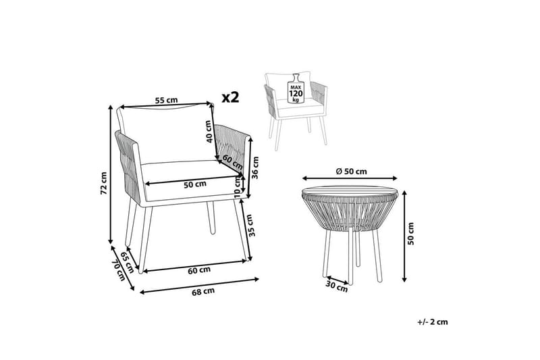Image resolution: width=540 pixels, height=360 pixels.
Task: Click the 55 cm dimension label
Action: pos(166,100)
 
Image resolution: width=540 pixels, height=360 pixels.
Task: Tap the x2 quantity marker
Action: pos(232,97)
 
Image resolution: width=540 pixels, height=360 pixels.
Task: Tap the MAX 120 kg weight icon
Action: pos(296,87)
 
